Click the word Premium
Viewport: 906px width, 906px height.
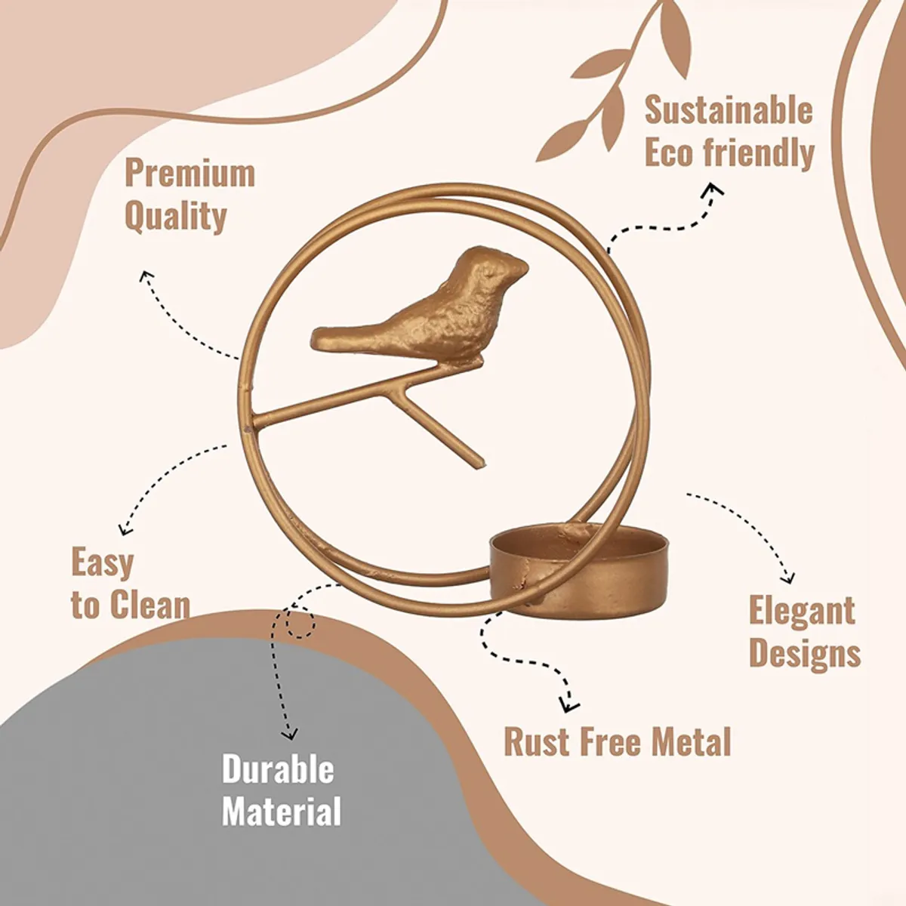(190, 174)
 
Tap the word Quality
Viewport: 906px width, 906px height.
(176, 217)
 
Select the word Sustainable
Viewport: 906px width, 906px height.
(729, 110)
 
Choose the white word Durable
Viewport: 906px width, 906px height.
(278, 769)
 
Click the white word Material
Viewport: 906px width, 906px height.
(281, 811)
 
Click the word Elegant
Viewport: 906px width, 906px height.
(802, 610)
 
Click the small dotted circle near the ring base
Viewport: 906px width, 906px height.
(300, 622)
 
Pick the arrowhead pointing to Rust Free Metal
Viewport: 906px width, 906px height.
(569, 704)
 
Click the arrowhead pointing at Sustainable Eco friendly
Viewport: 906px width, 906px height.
(714, 190)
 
